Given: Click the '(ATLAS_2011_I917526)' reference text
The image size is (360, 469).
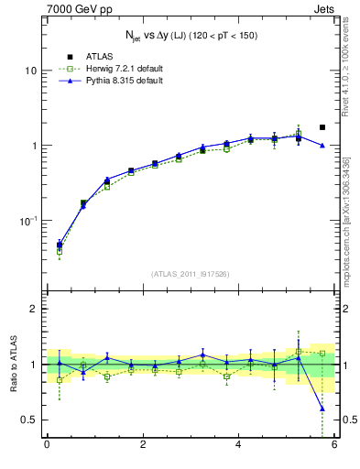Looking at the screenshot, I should pos(191,273).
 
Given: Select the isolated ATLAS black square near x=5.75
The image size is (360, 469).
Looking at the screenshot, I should pos(322,127).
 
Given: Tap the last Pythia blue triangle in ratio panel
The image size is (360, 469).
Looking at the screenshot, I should pos(322,409).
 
